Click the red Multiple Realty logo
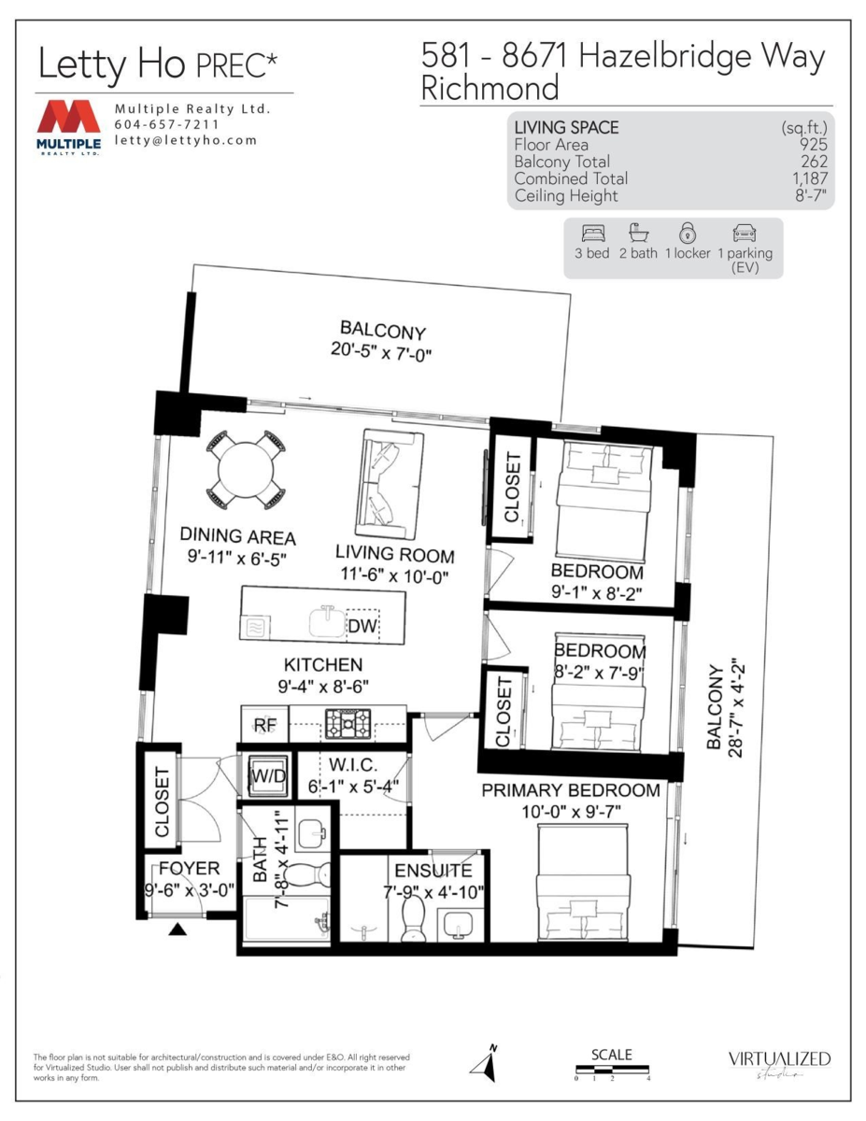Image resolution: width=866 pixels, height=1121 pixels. pos(69,121)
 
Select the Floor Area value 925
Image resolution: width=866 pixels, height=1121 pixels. pos(813,145)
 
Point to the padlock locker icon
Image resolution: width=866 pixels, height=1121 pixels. pos(687,233)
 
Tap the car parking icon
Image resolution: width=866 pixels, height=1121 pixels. pos(745,233)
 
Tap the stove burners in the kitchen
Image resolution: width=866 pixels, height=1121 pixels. pos(348,721)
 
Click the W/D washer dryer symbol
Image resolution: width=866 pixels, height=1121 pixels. pos(266,774)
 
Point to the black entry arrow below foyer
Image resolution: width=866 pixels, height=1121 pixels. pos(178,925)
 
